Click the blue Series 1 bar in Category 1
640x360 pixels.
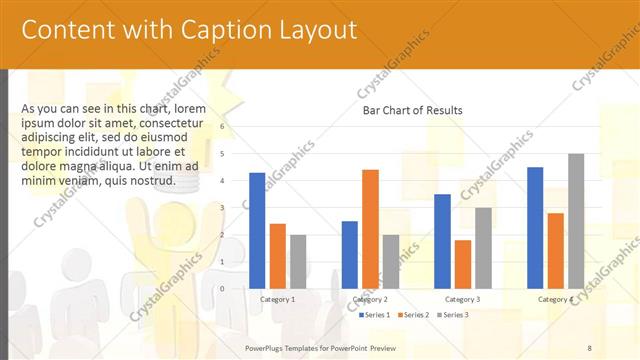pos(257,230)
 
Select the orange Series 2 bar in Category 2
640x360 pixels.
pos(370,228)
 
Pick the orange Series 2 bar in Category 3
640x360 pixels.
pos(462,264)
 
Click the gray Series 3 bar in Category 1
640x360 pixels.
pos(298,261)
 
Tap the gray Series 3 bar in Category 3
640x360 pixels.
pos(483,248)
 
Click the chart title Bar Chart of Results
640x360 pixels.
pos(412,110)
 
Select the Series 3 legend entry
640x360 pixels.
pos(453,315)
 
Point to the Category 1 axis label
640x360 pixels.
pos(277,299)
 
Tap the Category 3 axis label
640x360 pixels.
pos(463,299)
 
